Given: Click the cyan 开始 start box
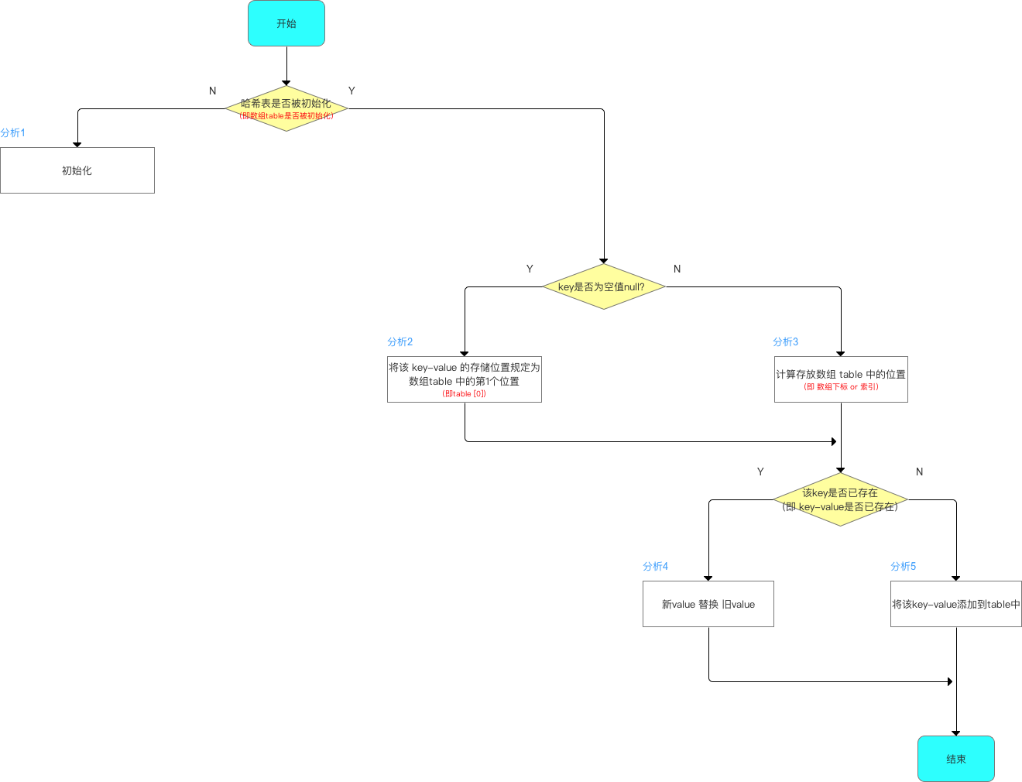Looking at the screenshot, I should [x=286, y=23].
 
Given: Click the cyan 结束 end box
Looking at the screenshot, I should [x=955, y=759].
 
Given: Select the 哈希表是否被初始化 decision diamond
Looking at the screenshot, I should [x=286, y=108].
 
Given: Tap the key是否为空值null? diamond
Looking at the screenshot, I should [x=603, y=286].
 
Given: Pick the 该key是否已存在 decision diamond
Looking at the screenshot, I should [x=840, y=499].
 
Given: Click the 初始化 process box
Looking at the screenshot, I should [x=77, y=170].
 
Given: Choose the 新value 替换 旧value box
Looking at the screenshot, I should [x=708, y=604].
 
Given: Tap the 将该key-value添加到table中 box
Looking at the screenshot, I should [x=956, y=604].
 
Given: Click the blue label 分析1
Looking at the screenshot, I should [x=13, y=133].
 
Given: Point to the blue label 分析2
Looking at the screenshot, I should [x=400, y=342].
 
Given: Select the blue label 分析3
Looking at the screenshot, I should [x=786, y=342].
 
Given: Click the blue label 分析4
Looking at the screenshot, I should [x=656, y=567].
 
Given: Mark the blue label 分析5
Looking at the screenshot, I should [x=904, y=567].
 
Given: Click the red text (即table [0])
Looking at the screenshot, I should [x=465, y=394].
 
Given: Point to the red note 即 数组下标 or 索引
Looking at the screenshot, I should [x=841, y=387].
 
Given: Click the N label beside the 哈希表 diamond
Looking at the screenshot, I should [x=213, y=91].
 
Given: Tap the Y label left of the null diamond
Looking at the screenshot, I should [x=530, y=269].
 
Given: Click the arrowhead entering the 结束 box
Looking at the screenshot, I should [x=956, y=732].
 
